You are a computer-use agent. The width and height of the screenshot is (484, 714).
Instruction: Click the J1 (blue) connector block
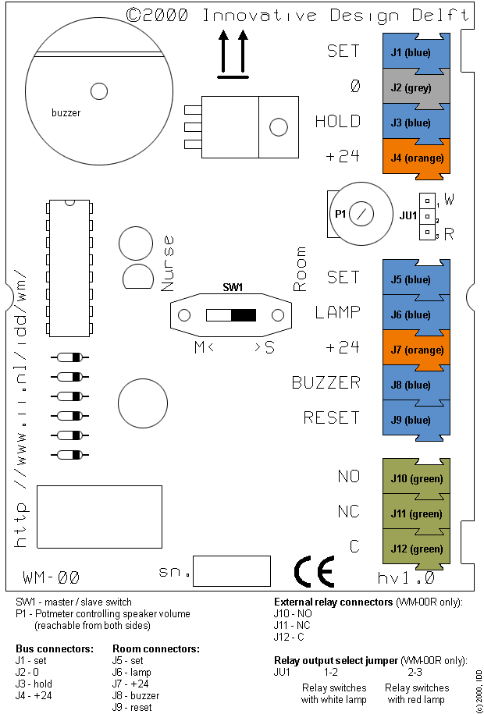point(416,52)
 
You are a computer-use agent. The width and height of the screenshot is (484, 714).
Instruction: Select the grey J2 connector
point(416,87)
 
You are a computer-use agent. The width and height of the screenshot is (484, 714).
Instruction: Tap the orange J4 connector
point(416,158)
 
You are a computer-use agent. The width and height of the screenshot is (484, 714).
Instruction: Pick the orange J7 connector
point(416,350)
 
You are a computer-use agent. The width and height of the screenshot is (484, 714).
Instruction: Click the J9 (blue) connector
point(416,420)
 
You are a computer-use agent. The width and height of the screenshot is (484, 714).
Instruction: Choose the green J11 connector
point(416,513)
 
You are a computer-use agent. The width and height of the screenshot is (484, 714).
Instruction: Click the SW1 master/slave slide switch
point(231,315)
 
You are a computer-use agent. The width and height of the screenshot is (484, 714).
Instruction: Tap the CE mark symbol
point(315,571)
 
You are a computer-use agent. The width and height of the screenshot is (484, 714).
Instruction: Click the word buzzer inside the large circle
point(66,113)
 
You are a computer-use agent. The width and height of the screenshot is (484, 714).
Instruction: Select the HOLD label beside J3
point(337,122)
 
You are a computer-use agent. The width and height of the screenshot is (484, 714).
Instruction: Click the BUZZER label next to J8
point(326,382)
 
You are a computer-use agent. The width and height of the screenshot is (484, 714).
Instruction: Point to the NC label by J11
point(348,511)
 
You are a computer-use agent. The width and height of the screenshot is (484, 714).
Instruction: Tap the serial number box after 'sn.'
point(231,571)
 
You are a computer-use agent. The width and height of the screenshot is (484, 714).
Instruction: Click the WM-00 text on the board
point(52,578)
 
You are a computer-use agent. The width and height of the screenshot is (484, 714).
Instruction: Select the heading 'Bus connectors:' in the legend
point(55,648)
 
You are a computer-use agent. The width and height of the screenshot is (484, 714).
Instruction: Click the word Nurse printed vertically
point(167,264)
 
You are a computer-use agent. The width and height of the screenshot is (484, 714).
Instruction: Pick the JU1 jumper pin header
point(426,215)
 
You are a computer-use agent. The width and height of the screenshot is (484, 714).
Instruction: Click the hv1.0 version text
point(405,578)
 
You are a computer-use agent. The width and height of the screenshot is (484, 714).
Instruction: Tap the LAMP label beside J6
point(337,313)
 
